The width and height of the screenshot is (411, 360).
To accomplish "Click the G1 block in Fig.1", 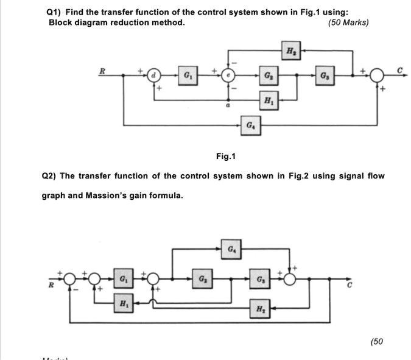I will tap(187, 76).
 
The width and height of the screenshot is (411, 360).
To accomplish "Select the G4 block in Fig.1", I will tap(250, 125).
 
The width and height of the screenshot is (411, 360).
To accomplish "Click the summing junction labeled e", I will tap(228, 76).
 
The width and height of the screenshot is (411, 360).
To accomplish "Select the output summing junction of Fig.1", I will tap(378, 76).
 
